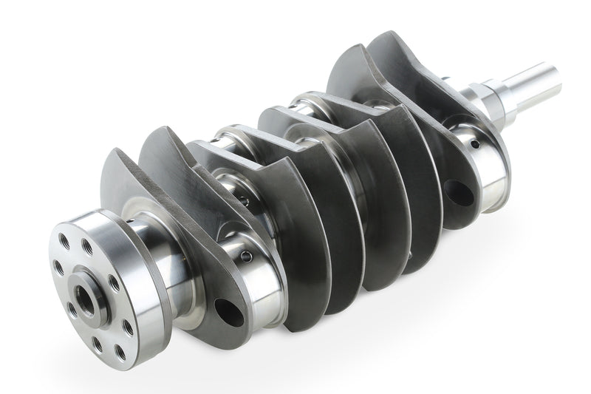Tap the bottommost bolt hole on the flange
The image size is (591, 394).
point(97,342)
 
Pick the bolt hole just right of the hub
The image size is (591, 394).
point(113,282)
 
